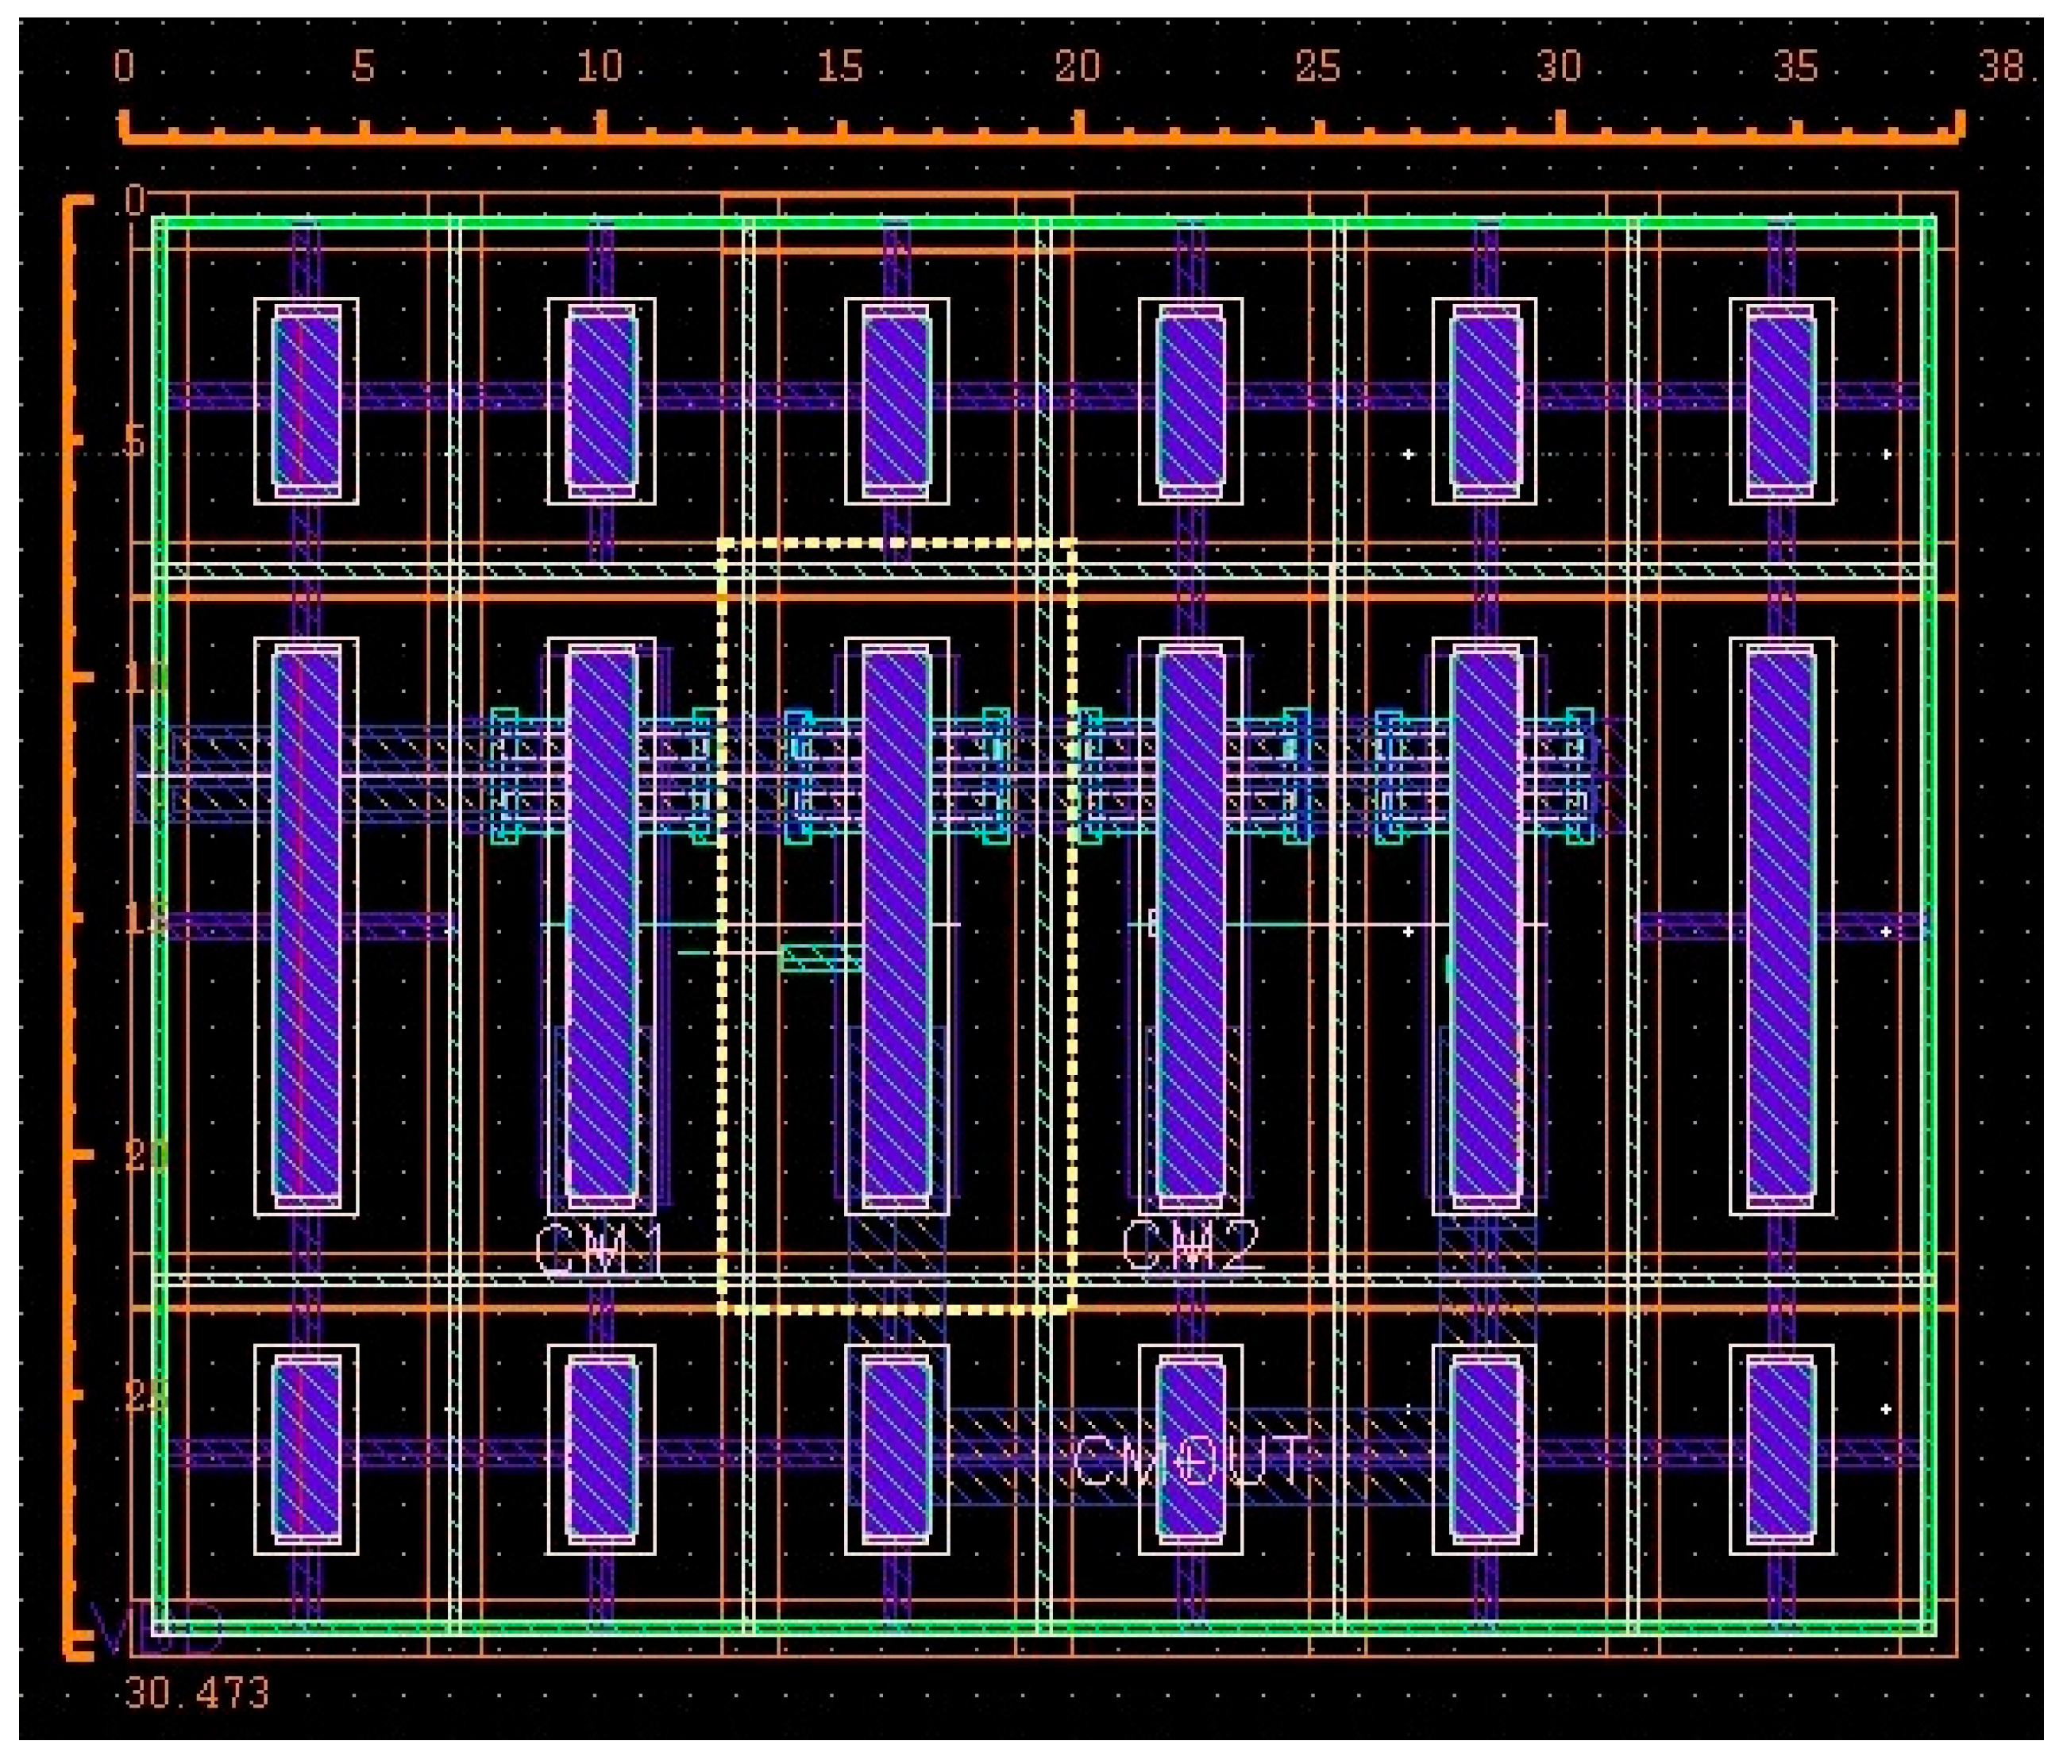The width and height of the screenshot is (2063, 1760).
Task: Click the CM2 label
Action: pos(1192,1246)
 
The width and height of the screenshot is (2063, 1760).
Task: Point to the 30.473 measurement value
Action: pos(197,1693)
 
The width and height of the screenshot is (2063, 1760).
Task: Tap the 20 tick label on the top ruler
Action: pos(1078,67)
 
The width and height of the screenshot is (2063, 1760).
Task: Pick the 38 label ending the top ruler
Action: pos(2001,67)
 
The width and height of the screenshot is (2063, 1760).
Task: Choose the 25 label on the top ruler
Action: pos(1317,67)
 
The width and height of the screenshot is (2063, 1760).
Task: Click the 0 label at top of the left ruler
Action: pos(134,201)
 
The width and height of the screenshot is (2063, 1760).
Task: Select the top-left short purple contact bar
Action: pos(307,401)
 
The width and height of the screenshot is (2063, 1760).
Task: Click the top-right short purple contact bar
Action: pos(1781,401)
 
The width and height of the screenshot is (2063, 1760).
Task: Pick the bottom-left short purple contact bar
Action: pos(307,1450)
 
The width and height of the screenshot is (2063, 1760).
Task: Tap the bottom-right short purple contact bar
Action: pos(1781,1450)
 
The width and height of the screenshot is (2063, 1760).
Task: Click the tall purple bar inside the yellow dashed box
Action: pos(896,926)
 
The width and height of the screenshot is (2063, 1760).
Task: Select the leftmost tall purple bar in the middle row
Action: pos(307,926)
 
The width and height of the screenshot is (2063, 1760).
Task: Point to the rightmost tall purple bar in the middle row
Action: pos(1781,926)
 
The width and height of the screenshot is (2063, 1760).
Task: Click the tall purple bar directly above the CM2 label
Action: pos(1191,926)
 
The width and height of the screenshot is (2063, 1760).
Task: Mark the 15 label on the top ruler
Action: pos(839,67)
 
